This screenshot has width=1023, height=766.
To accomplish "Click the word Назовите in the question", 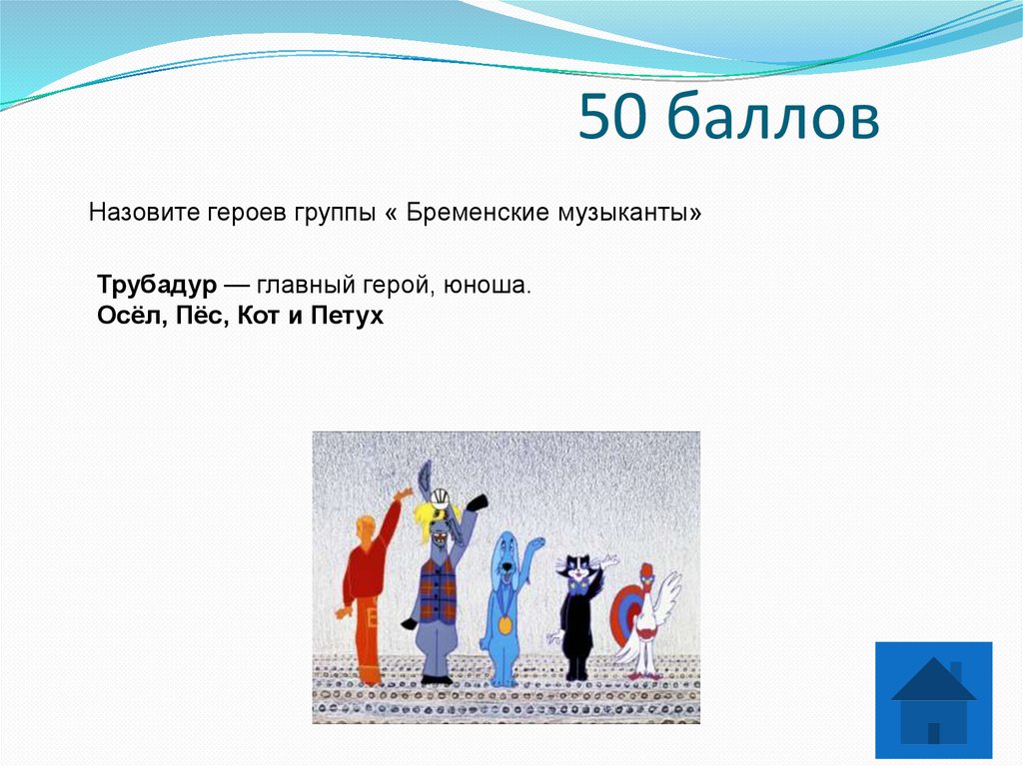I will (144, 214).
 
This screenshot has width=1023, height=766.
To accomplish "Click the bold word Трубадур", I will (157, 285).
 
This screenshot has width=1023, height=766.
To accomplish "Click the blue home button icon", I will (933, 700).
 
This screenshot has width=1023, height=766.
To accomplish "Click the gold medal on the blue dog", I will (505, 625).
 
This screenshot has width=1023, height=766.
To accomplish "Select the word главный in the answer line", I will (299, 286).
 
